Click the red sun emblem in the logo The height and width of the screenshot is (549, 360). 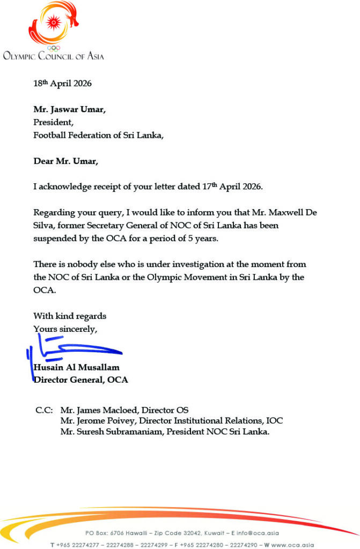(53, 22)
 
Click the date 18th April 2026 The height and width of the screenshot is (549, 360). (62, 84)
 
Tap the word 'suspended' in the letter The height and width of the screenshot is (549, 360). (55, 239)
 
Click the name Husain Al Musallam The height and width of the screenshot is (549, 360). (76, 367)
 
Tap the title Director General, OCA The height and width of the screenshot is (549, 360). (80, 380)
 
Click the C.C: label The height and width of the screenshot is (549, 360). (44, 410)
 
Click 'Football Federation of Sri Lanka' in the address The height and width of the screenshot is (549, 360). (98, 135)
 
